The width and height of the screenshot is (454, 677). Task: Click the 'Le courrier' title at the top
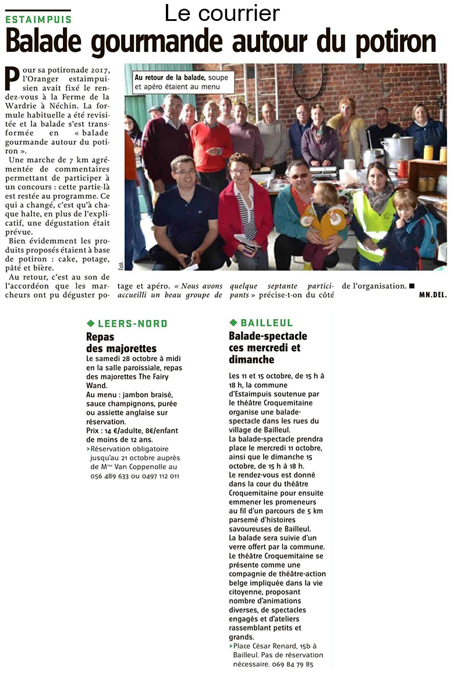[x=222, y=13]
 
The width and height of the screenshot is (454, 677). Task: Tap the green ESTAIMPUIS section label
[x=38, y=19]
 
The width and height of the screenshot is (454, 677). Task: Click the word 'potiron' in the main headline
[x=386, y=41]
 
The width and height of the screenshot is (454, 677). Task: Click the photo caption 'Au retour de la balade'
[x=160, y=77]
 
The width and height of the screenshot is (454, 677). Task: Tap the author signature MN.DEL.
[x=432, y=295]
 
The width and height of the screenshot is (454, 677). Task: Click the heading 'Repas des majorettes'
[x=121, y=343]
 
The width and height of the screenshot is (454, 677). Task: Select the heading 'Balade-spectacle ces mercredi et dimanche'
[x=268, y=348]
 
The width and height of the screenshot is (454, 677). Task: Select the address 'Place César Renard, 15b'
[x=274, y=646]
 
